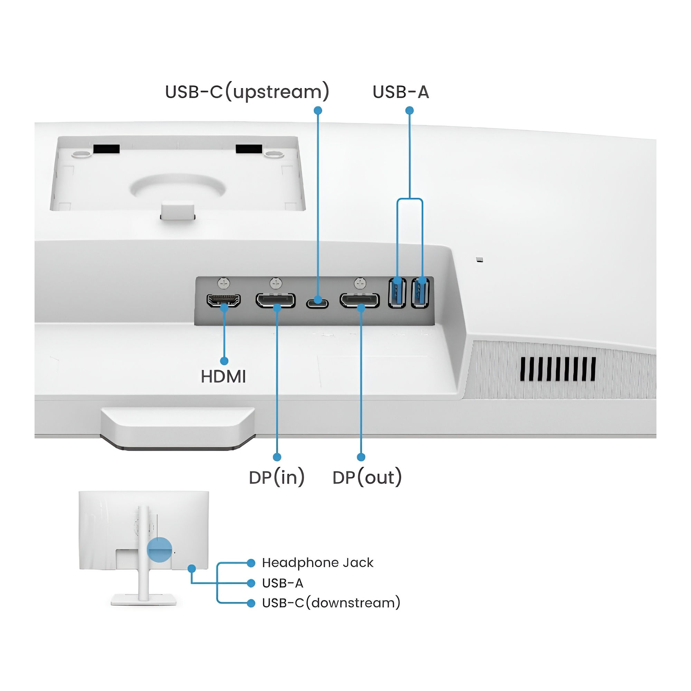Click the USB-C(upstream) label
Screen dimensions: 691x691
pos(247,92)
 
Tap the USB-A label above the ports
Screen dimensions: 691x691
pos(400,92)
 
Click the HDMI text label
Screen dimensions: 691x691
pos(223,377)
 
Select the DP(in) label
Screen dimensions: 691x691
pos(276,477)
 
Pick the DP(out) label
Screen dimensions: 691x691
pos(367,477)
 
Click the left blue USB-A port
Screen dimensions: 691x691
pos(397,293)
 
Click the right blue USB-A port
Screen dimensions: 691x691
pos(420,293)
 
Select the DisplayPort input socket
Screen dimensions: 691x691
pos(275,301)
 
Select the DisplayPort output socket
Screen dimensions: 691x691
pos(359,301)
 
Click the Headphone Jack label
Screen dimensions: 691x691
pos(318,562)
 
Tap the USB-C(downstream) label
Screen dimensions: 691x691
pos(331,603)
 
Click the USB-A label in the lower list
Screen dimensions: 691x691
pos(283,583)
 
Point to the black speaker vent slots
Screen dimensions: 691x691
pos(558,369)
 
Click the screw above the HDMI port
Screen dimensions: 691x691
pos(224,284)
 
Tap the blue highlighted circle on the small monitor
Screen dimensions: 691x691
pos(160,549)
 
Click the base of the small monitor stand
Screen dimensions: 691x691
pos(143,599)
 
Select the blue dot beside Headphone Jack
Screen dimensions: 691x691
pos(251,563)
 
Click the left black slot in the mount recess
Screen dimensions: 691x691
pos(106,149)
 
